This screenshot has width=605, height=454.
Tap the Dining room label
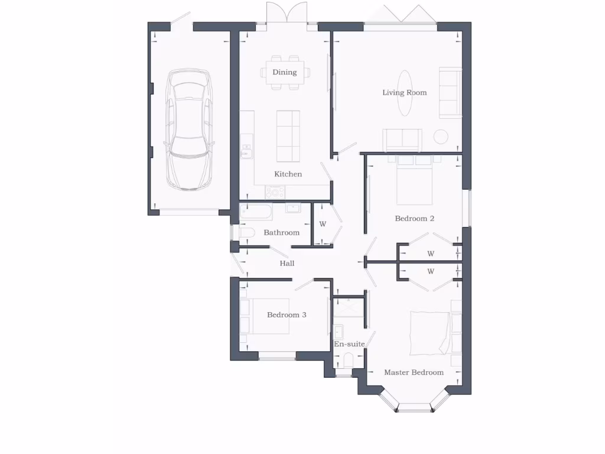tap(284, 72)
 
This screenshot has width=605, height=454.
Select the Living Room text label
tap(404, 92)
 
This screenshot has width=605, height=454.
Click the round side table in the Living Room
tap(441, 137)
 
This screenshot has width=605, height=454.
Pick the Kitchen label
tap(288, 174)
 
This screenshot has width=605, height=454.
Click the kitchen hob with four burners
tap(275, 192)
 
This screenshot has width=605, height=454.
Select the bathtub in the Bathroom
tap(256, 212)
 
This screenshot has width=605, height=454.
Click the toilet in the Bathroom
tap(246, 233)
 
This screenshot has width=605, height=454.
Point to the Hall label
tap(287, 263)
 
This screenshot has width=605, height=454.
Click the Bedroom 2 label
tap(414, 218)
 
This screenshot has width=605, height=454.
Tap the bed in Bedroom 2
tap(414, 179)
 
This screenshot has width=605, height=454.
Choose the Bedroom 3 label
tap(287, 314)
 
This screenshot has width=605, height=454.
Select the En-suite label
tap(349, 343)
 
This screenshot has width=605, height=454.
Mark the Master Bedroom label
tap(414, 372)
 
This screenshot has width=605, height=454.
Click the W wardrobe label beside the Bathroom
tap(323, 224)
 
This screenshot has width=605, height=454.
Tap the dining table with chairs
tap(284, 73)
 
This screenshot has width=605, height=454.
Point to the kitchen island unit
tap(288, 136)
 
